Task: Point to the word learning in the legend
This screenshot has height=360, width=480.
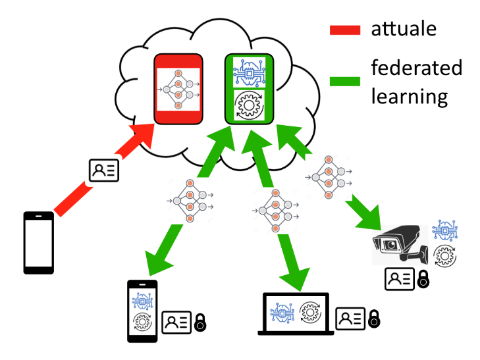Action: (x=409, y=97)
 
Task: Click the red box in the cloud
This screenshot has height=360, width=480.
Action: (x=177, y=89)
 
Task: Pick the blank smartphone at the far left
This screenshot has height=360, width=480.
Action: (x=39, y=242)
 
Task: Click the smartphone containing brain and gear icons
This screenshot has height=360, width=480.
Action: (x=142, y=311)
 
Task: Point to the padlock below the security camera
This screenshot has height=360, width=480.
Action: (x=423, y=279)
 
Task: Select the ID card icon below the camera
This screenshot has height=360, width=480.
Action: (x=400, y=279)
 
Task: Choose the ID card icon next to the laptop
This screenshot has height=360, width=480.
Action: (x=350, y=319)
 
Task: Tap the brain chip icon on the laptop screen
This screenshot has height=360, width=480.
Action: (x=282, y=310)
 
